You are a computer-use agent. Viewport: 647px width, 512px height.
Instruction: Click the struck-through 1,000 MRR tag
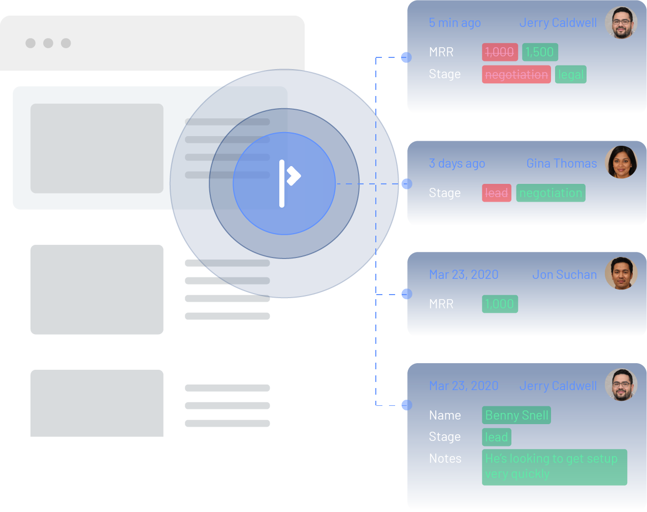click(x=500, y=52)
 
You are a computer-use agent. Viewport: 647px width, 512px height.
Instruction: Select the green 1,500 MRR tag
click(x=540, y=52)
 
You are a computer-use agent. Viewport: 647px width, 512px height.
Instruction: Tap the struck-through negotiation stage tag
click(x=516, y=75)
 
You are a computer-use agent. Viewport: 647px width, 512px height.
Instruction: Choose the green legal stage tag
click(x=571, y=75)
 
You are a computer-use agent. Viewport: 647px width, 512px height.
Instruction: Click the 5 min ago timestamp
click(x=455, y=23)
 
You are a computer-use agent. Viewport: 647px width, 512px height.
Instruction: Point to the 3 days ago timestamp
click(x=457, y=164)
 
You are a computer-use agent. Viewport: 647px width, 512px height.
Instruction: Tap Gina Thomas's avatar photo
click(x=621, y=163)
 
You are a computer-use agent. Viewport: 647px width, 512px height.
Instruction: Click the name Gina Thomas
click(x=561, y=164)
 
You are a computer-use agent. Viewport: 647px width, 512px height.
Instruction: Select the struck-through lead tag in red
click(x=496, y=193)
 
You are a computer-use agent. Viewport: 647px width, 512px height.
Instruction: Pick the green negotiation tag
click(x=551, y=193)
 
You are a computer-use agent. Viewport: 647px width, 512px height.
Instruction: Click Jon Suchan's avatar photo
click(x=621, y=273)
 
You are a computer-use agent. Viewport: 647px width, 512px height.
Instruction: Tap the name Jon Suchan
click(x=564, y=275)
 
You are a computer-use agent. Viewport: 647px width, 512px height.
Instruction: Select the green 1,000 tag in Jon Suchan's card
click(x=500, y=304)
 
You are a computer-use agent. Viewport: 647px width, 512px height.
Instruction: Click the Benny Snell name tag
click(x=516, y=415)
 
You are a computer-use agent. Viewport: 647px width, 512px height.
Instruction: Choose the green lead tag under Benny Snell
click(x=496, y=437)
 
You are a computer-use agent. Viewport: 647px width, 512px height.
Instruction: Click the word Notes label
click(x=445, y=459)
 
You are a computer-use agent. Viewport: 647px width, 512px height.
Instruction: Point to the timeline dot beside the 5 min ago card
click(x=406, y=57)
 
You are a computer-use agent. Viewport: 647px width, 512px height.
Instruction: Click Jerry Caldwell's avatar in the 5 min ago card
click(x=621, y=23)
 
